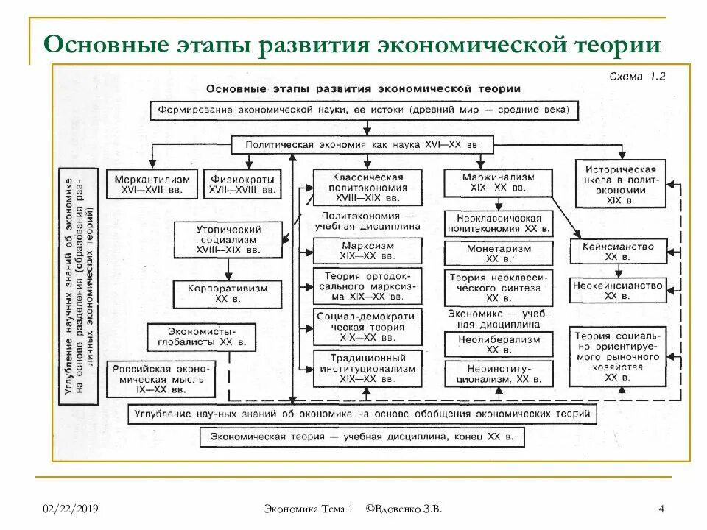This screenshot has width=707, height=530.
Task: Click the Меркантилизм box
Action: (x=152, y=184)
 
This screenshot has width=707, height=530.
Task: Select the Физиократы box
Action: (x=242, y=184)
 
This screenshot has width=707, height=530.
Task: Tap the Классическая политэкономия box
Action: (x=367, y=188)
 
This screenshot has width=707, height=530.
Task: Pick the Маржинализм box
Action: (x=498, y=183)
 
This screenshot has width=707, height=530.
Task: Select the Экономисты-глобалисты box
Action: (x=195, y=336)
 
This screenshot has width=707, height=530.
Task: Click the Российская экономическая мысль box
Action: (x=161, y=378)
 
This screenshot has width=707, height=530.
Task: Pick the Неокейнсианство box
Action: (x=618, y=290)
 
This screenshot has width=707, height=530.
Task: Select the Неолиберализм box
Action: (x=498, y=344)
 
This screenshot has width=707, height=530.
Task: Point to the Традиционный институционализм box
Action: (x=367, y=367)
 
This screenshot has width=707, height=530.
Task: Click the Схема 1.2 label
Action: (x=638, y=75)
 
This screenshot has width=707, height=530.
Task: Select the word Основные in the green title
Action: (x=111, y=44)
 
